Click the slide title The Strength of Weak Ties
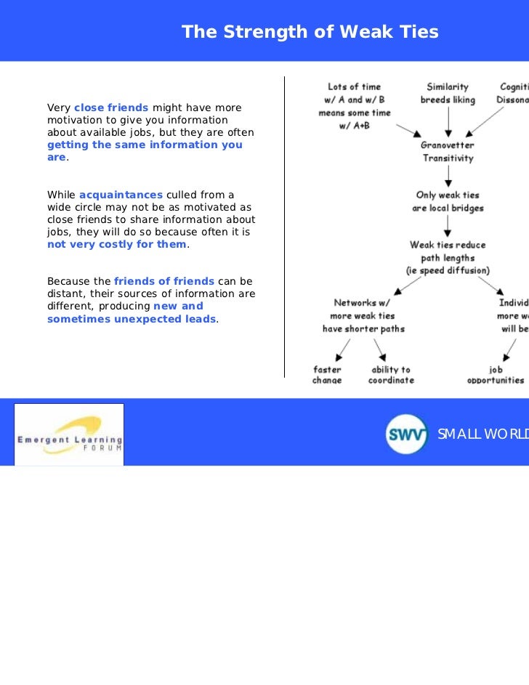pyautogui.click(x=310, y=32)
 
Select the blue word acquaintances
pyautogui.click(x=121, y=195)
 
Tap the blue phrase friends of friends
pyautogui.click(x=164, y=281)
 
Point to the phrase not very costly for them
pyautogui.click(x=117, y=244)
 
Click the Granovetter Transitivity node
pyautogui.click(x=448, y=151)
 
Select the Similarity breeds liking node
pyautogui.click(x=448, y=93)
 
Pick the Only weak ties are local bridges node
pyautogui.click(x=448, y=201)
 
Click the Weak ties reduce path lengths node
pyautogui.click(x=448, y=257)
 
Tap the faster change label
pyautogui.click(x=327, y=375)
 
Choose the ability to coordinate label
pyautogui.click(x=391, y=375)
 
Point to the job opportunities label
pyautogui.click(x=496, y=375)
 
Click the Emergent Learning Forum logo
pyautogui.click(x=70, y=434)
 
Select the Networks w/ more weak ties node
pyautogui.click(x=363, y=315)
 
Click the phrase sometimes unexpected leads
pyautogui.click(x=132, y=319)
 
